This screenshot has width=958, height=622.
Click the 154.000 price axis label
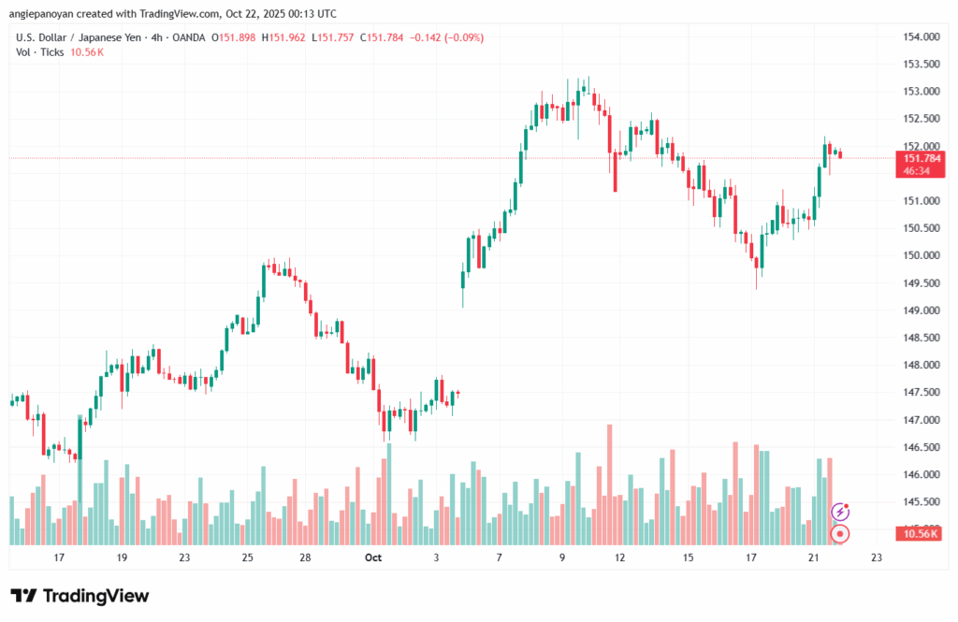921,36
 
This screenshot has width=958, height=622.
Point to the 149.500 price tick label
921,282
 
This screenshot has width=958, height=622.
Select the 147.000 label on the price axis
921,420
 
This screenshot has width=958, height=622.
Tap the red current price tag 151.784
921,157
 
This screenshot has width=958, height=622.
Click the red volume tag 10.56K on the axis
921,534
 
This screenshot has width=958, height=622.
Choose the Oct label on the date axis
373,557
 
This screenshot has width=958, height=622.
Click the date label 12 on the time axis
619,557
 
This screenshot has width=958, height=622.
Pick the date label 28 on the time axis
305,557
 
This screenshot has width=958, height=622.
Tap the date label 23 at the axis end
876,557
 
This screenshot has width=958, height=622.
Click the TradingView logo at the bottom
80,596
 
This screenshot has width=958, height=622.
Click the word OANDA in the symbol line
186,37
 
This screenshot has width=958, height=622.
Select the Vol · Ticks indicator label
40,52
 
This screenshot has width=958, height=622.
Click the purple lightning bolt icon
840,512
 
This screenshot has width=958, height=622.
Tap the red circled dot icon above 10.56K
840,534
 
